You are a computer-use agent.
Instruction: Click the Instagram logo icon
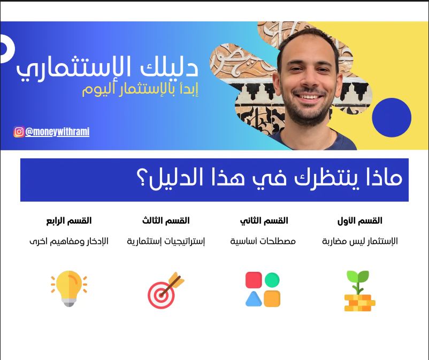19,132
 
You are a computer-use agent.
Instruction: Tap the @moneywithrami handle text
57,132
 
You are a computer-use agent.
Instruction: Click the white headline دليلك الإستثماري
107,68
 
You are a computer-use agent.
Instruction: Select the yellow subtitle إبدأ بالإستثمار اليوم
140,89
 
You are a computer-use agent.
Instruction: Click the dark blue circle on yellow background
392,117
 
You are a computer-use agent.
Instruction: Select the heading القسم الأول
360,220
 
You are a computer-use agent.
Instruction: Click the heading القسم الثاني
264,221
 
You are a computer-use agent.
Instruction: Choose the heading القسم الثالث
166,220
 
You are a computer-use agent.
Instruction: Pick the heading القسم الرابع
68,220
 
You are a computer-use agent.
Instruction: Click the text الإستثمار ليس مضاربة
360,241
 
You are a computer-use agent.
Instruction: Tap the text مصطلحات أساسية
263,241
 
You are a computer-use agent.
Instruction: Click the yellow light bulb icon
69,288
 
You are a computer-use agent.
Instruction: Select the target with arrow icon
166,290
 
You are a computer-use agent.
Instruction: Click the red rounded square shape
254,280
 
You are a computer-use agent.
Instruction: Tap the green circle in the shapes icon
272,280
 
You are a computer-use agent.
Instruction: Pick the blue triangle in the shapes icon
254,299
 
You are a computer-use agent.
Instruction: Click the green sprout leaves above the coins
358,277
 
